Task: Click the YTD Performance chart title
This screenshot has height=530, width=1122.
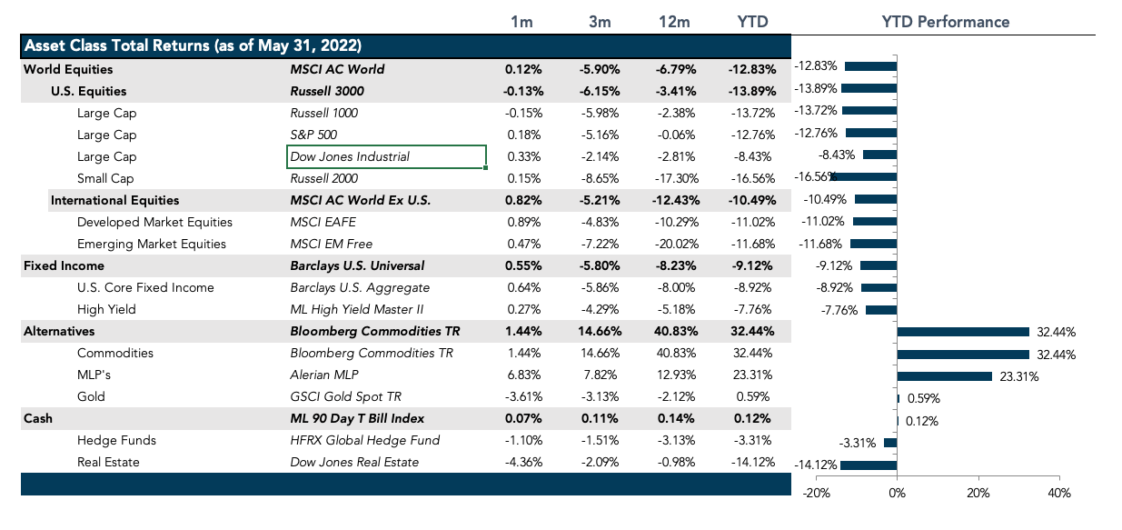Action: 945,22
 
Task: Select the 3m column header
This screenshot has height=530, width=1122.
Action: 600,22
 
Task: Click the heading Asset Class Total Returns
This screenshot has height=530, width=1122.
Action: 193,46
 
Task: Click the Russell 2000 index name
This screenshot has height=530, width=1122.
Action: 323,178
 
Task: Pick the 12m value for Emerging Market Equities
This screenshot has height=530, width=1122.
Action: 675,244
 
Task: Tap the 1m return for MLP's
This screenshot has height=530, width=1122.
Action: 523,375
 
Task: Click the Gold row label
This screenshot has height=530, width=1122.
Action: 91,396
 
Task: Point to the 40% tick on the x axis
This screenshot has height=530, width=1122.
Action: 1058,493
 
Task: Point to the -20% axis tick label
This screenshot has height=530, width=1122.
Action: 816,493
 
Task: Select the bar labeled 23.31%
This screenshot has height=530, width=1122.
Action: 944,376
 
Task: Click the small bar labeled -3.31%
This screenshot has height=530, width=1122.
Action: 890,443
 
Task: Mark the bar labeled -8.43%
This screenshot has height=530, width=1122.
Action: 879,155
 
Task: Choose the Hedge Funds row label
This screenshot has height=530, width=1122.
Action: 116,440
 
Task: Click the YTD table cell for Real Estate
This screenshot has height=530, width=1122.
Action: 751,462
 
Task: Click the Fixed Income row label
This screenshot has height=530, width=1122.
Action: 64,265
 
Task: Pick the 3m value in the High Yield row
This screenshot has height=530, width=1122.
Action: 600,309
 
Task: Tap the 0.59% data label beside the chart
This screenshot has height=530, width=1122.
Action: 921,398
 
